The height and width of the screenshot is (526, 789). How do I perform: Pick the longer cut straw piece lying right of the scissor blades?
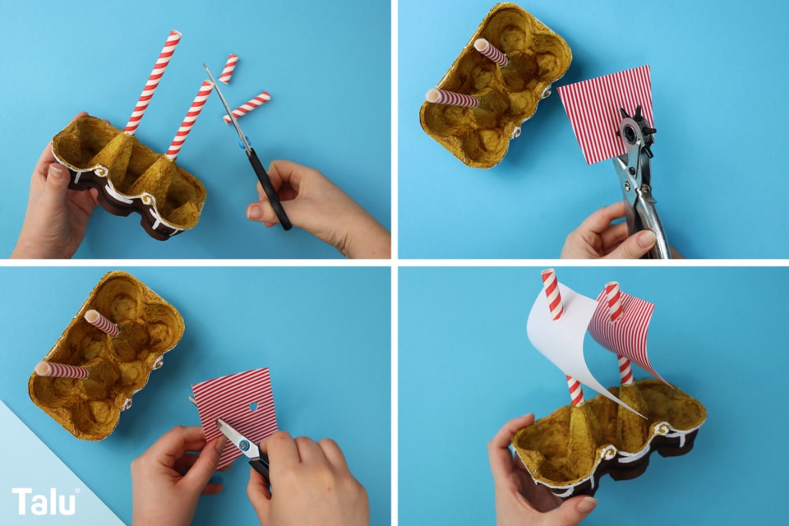click(247, 106)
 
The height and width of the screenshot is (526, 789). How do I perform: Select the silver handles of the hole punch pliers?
click(642, 201)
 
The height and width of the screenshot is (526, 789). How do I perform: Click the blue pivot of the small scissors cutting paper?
click(244, 445)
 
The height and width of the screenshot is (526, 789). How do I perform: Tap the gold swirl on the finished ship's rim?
click(662, 429)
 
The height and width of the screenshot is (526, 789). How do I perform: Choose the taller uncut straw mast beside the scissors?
click(152, 83)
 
